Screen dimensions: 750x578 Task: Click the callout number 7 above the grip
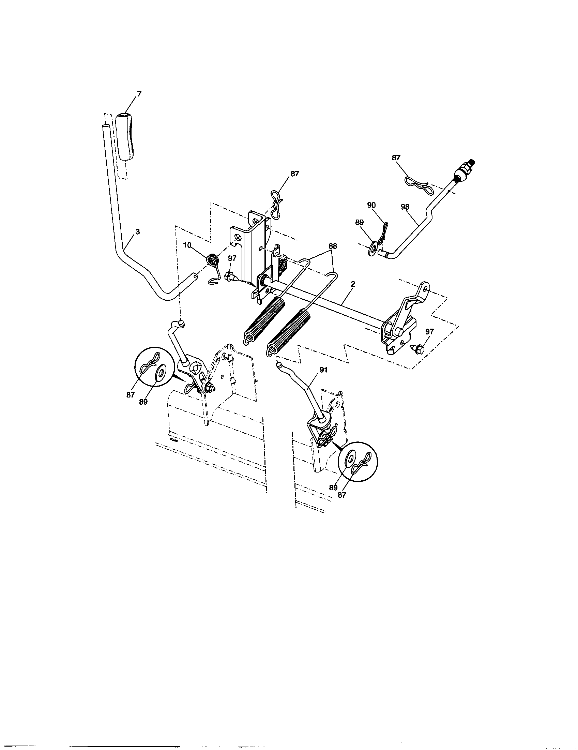(x=139, y=94)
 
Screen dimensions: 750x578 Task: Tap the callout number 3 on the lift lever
(x=138, y=232)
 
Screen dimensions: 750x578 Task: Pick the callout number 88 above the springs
(x=333, y=246)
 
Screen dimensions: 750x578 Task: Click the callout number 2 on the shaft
(x=353, y=284)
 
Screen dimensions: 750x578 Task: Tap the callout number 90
(x=371, y=205)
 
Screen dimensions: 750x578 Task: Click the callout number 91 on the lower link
(x=323, y=370)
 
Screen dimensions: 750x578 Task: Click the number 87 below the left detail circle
(x=130, y=395)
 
